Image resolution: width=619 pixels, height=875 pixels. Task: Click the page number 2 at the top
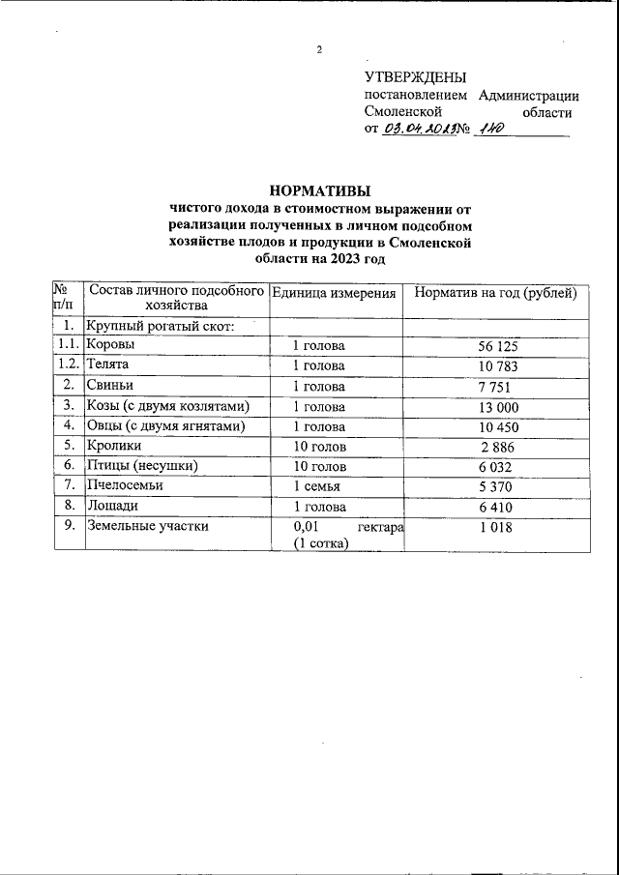click(x=320, y=50)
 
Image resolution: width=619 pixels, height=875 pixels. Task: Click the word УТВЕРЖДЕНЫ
click(x=415, y=77)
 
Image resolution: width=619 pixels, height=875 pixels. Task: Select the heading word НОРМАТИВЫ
click(x=319, y=190)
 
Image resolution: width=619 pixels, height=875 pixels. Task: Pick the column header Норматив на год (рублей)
click(x=495, y=293)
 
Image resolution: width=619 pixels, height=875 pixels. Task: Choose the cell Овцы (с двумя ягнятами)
click(x=165, y=425)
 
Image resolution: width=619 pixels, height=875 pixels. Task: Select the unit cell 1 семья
click(x=317, y=486)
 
